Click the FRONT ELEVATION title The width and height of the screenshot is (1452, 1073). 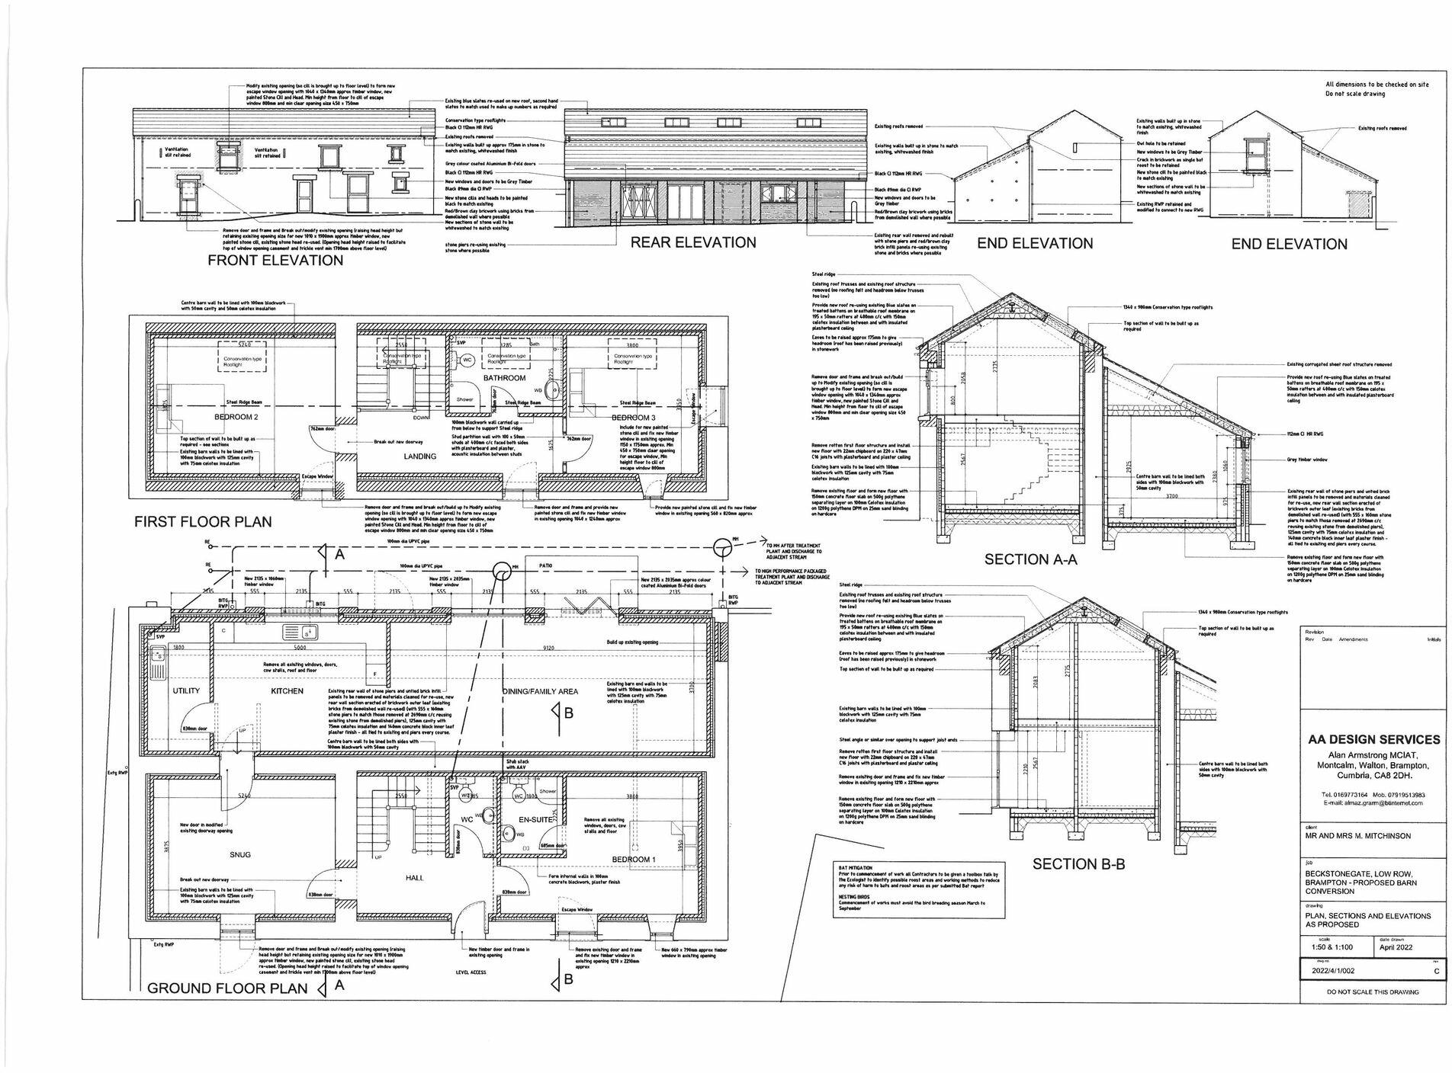pyautogui.click(x=275, y=261)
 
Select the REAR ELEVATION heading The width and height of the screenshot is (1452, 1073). pyautogui.click(x=692, y=242)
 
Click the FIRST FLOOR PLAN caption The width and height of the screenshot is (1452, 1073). pyautogui.click(x=203, y=522)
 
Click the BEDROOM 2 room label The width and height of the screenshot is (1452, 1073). pyautogui.click(x=236, y=418)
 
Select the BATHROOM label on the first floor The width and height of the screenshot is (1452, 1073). pyautogui.click(x=504, y=378)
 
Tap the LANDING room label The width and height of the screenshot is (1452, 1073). pyautogui.click(x=420, y=456)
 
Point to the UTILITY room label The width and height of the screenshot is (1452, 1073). pyautogui.click(x=186, y=691)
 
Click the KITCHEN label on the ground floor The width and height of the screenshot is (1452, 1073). pyautogui.click(x=288, y=691)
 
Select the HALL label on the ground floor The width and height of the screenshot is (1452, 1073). pyautogui.click(x=415, y=878)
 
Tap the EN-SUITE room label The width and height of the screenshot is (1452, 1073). pyautogui.click(x=535, y=819)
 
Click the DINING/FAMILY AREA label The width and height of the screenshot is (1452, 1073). pyautogui.click(x=540, y=691)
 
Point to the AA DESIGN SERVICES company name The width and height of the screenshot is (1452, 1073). pyautogui.click(x=1373, y=739)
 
